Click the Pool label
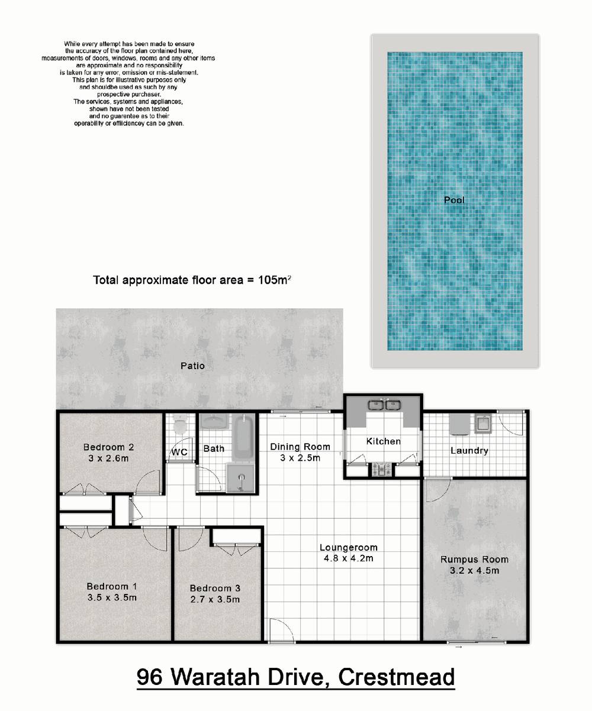[x=454, y=200]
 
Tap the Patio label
[x=192, y=366]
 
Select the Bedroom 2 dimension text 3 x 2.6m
[x=108, y=458]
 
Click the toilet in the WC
[x=179, y=424]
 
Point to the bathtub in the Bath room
[x=243, y=437]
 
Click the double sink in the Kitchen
[x=384, y=405]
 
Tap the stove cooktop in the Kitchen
[x=381, y=469]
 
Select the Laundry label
[x=469, y=451]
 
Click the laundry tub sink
[x=483, y=424]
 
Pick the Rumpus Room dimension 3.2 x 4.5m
[x=474, y=570]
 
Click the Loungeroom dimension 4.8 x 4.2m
[x=348, y=558]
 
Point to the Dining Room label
[x=300, y=447]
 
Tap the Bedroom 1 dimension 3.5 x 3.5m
[x=112, y=597]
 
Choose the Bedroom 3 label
[x=215, y=588]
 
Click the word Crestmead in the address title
[x=397, y=677]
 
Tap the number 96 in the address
[x=149, y=677]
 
